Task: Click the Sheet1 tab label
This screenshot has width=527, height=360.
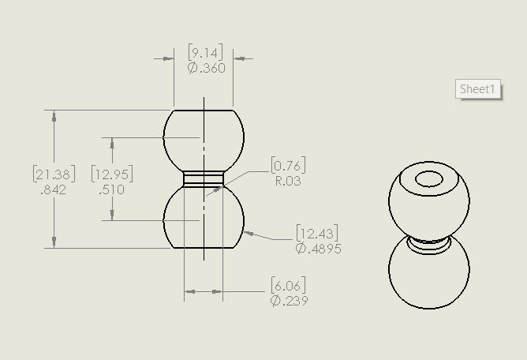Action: (x=478, y=89)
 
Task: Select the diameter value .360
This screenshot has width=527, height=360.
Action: (x=206, y=68)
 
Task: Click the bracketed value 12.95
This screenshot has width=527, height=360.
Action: (x=111, y=174)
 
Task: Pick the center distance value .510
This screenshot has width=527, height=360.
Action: (x=111, y=189)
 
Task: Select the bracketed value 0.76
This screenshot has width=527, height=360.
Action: (x=288, y=165)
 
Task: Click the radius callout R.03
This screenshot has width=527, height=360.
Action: (x=288, y=180)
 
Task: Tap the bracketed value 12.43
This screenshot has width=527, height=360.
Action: (x=318, y=233)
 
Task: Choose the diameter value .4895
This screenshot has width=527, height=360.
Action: (x=319, y=248)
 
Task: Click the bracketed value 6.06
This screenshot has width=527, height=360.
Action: (x=288, y=285)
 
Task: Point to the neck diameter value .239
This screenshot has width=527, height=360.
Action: (x=289, y=300)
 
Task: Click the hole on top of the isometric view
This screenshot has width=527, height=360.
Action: (x=430, y=179)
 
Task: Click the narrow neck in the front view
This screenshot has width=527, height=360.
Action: (x=203, y=179)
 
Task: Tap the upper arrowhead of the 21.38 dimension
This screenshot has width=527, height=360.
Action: (x=54, y=114)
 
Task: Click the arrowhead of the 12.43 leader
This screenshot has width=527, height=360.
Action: (x=249, y=233)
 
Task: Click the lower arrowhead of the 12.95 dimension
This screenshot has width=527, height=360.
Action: (x=112, y=215)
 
